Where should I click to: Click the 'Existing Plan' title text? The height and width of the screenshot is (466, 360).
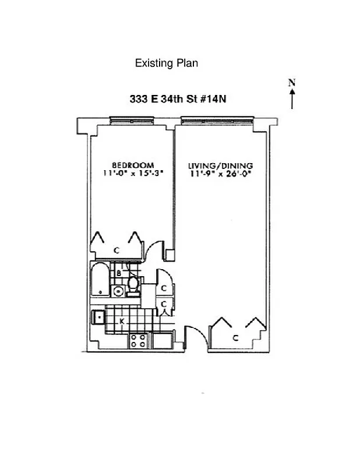(166, 63)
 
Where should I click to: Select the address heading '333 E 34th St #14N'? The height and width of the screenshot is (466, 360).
(178, 99)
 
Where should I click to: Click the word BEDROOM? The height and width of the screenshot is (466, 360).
(133, 165)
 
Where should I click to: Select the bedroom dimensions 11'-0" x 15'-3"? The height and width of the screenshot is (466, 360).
(133, 173)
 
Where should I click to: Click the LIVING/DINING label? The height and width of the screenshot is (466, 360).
(220, 165)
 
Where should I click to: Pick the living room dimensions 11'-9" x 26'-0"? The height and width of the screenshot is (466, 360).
(220, 173)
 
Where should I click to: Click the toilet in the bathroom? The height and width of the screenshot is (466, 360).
(133, 285)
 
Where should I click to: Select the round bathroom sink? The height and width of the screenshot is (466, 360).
(118, 291)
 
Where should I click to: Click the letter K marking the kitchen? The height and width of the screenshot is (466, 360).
(122, 321)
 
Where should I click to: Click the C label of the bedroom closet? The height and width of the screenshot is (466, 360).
(117, 250)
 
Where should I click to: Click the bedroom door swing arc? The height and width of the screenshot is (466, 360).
(153, 250)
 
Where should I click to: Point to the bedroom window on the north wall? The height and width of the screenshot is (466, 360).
(133, 121)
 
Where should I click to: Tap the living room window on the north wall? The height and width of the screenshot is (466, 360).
(217, 121)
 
